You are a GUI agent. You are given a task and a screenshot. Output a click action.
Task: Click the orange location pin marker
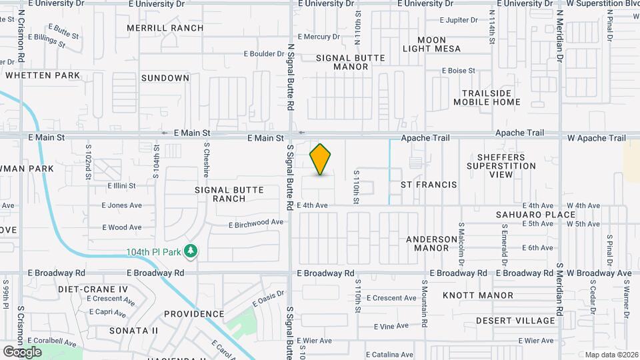321,159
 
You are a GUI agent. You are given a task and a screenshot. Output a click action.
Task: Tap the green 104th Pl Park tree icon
192,251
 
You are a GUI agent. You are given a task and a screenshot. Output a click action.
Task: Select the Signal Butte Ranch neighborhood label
229,194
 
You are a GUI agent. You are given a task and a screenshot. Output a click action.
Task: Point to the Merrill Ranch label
165,28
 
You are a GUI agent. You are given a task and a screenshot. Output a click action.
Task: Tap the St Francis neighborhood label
428,184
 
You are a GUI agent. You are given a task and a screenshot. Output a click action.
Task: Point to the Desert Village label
515,321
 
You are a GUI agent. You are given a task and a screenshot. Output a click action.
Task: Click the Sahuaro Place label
535,215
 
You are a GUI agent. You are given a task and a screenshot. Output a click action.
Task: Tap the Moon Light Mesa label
432,44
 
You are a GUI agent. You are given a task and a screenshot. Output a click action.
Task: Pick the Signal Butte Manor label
351,62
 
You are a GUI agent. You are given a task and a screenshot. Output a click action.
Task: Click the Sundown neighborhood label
165,78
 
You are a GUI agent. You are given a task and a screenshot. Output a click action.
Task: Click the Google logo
22,351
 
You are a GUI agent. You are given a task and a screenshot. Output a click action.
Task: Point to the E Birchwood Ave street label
256,223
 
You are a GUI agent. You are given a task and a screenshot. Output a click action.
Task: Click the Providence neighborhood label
194,314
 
